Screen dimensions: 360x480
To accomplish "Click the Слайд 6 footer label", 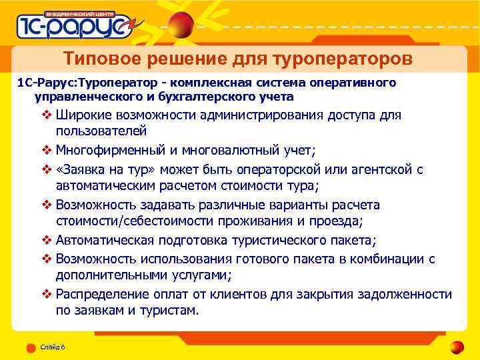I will (x=52, y=347).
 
